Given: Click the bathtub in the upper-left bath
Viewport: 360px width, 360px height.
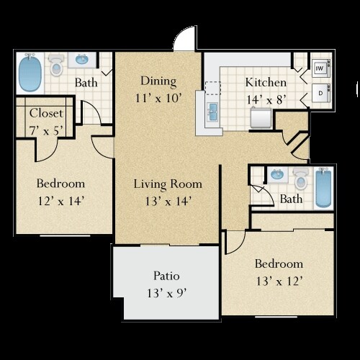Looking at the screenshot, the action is (x=30, y=73).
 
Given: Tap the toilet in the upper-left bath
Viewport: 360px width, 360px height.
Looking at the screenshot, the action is (x=56, y=66).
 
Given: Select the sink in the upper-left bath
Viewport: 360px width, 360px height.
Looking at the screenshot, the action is (x=82, y=59).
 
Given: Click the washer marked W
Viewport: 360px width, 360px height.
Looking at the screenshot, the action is (x=321, y=68).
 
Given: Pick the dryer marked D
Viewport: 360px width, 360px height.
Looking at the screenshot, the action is (x=321, y=93).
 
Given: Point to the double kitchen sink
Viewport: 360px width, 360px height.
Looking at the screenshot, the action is (x=212, y=112).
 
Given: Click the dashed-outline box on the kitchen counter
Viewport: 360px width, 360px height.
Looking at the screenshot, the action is (x=213, y=88).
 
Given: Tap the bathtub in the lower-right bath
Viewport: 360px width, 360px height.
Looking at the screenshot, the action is (x=323, y=188).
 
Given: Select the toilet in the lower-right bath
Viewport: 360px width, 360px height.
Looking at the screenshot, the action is (x=300, y=179).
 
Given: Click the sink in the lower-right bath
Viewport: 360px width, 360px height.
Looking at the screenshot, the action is (x=277, y=174).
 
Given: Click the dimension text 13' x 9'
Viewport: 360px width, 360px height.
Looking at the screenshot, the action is (x=167, y=293).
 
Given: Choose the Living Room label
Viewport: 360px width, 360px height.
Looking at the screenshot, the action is (x=168, y=184).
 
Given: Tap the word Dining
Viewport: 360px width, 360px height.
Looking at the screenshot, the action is (x=158, y=81).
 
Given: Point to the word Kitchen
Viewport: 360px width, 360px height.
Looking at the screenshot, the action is (x=266, y=82).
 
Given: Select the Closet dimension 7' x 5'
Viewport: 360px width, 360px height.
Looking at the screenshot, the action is (x=46, y=131).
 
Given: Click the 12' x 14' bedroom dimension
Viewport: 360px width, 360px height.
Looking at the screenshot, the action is (x=61, y=201).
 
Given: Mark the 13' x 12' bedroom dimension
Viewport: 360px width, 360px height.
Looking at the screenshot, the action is (x=279, y=281).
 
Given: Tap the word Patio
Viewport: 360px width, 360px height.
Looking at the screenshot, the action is (x=166, y=276).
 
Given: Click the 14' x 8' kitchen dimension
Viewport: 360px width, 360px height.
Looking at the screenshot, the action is (x=266, y=99).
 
